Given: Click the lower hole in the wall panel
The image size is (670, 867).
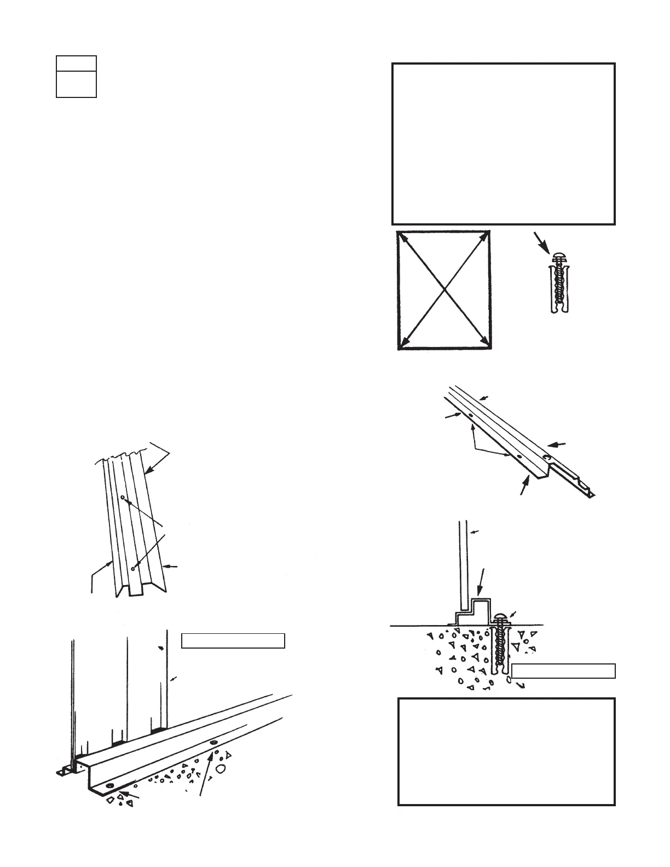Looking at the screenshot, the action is pyautogui.click(x=132, y=569).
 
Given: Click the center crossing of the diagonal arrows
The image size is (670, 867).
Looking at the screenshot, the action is pyautogui.click(x=444, y=289).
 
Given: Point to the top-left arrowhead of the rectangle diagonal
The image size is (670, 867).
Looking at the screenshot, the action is pyautogui.click(x=402, y=237).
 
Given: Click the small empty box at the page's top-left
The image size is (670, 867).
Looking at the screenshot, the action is pyautogui.click(x=76, y=76).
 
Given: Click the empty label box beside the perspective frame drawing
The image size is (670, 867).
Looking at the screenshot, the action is pyautogui.click(x=233, y=640).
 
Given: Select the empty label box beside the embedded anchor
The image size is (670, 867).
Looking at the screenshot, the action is pyautogui.click(x=563, y=671).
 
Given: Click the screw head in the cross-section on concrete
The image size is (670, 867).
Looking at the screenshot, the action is pyautogui.click(x=501, y=618).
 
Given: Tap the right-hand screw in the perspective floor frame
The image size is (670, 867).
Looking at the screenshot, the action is pyautogui.click(x=213, y=743).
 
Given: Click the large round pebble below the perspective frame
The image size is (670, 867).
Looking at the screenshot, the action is pyautogui.click(x=221, y=768).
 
